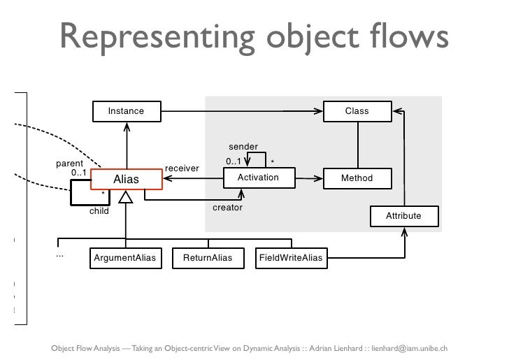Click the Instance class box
[x=127, y=111]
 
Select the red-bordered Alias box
[x=127, y=180]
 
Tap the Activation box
[x=258, y=178]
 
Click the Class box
[x=357, y=111]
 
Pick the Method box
[x=357, y=178]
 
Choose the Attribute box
[x=403, y=216]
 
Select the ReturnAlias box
[x=208, y=259]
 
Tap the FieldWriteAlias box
[x=291, y=259]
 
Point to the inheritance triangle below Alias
[x=126, y=198]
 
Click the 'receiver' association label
[x=182, y=168]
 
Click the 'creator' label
[x=227, y=208]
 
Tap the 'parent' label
[x=69, y=164]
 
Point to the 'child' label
[x=99, y=211]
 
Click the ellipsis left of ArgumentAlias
[x=59, y=254]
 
